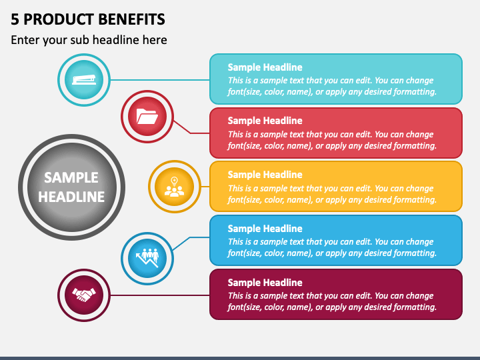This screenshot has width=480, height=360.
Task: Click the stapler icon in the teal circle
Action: pyautogui.click(x=83, y=80)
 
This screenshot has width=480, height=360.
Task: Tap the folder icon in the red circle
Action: pyautogui.click(x=147, y=117)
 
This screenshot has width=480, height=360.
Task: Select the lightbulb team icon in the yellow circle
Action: pyautogui.click(x=175, y=186)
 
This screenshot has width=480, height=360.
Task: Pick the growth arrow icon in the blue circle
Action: pyautogui.click(x=147, y=257)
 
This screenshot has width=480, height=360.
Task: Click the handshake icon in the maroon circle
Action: pyautogui.click(x=84, y=294)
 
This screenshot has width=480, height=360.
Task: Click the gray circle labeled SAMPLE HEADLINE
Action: pyautogui.click(x=71, y=187)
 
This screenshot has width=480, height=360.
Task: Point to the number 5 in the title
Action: pyautogui.click(x=15, y=18)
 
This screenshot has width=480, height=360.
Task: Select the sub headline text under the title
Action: pyautogui.click(x=89, y=40)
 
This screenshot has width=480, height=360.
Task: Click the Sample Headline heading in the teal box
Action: pyautogui.click(x=265, y=67)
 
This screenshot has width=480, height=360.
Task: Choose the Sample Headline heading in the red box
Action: pyautogui.click(x=265, y=121)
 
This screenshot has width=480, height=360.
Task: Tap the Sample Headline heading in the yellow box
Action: pyautogui.click(x=265, y=175)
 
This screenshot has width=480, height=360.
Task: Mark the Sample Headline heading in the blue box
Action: pyautogui.click(x=265, y=229)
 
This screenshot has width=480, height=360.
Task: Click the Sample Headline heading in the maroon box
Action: pyautogui.click(x=265, y=283)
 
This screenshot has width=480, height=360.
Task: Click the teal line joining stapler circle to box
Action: pyautogui.click(x=160, y=80)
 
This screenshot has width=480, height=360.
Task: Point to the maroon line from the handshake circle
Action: pyautogui.click(x=160, y=294)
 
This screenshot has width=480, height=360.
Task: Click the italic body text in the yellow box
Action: pyautogui.click(x=332, y=194)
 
